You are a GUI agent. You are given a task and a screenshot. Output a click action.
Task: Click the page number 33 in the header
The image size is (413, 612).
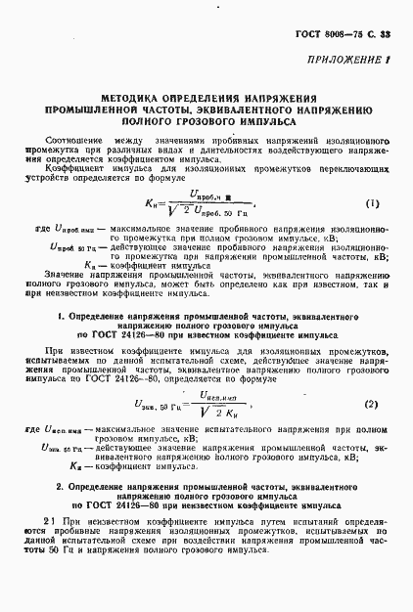point(385,35)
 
